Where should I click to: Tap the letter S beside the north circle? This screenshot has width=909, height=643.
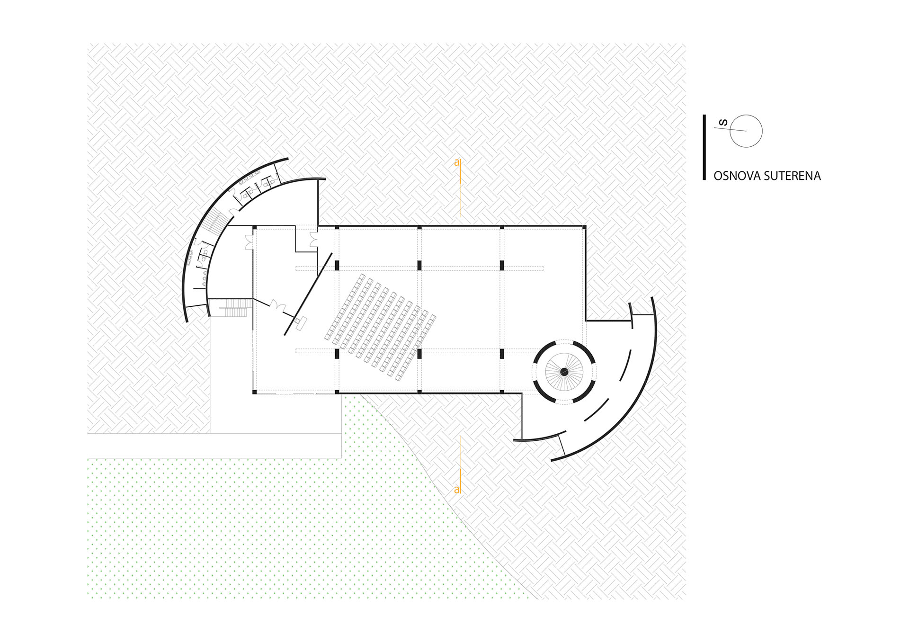point(723,123)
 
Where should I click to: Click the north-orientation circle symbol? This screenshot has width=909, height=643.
point(746,131)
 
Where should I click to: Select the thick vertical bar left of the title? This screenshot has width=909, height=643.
point(704,147)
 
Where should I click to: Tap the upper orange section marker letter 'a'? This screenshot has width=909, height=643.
point(457,163)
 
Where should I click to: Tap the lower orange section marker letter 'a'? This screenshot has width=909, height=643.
point(457,490)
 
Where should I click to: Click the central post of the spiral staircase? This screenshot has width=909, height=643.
point(564,372)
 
